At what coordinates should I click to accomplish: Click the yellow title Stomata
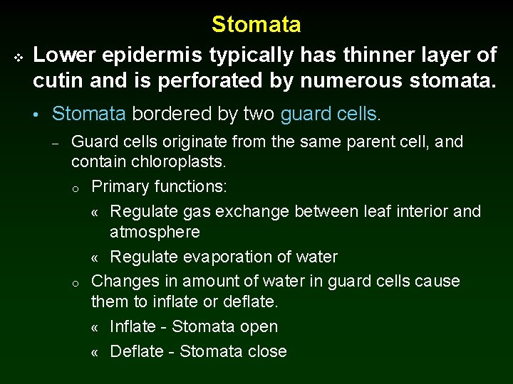(256, 25)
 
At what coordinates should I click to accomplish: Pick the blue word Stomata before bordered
(89, 114)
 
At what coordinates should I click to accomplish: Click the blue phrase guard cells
(331, 114)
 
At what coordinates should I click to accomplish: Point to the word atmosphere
(155, 232)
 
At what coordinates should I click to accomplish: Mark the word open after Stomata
(259, 326)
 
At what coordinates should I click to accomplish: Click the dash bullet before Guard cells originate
(54, 142)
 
